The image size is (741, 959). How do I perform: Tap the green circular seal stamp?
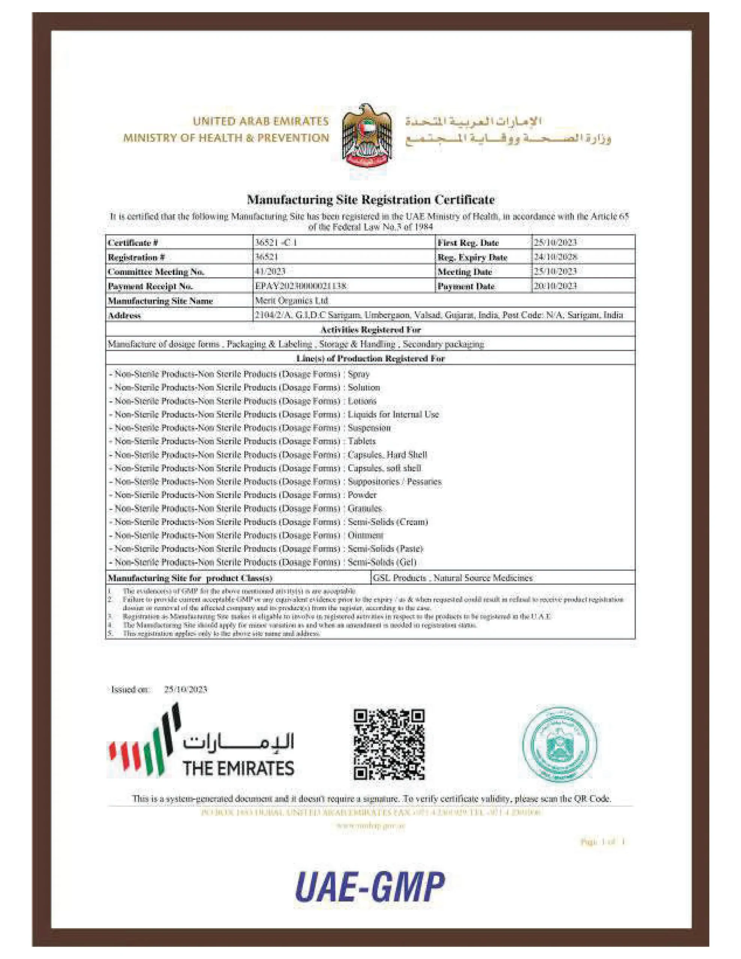click(x=559, y=743)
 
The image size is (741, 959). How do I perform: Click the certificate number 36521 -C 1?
click(x=276, y=242)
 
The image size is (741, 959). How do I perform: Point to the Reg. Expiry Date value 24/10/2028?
click(x=555, y=257)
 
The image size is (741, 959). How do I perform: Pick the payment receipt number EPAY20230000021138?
click(x=301, y=286)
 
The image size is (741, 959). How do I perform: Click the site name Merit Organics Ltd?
click(x=291, y=300)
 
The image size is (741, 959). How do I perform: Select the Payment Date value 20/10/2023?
click(x=555, y=286)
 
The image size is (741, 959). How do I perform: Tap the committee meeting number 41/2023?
click(x=270, y=271)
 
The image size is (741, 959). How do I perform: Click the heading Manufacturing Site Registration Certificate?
click(x=370, y=200)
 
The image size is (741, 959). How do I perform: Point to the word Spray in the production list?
click(x=359, y=374)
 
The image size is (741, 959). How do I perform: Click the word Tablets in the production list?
click(x=362, y=441)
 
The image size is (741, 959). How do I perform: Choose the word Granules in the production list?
click(x=365, y=508)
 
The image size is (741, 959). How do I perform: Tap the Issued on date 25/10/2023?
click(x=185, y=689)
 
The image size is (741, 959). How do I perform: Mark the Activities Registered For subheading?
click(x=370, y=329)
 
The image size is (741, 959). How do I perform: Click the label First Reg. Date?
click(x=468, y=242)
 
